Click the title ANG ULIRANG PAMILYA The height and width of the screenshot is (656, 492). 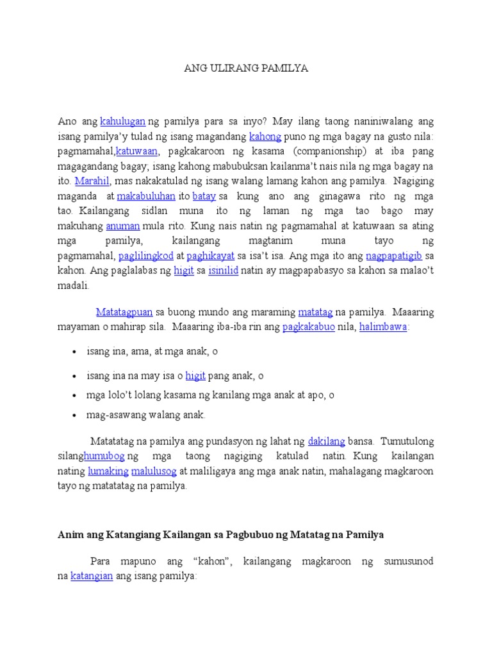tap(246, 69)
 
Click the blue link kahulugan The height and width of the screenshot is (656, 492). tap(124, 121)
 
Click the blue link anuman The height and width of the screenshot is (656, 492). tap(123, 225)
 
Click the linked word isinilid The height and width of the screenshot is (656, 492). tap(224, 271)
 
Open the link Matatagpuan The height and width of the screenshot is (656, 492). tap(124, 312)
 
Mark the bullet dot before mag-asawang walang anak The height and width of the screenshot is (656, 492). tap(76, 415)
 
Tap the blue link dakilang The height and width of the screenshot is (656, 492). tap(327, 441)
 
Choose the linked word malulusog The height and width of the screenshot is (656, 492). tap(154, 471)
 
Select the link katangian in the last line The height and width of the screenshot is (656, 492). tap(92, 576)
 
